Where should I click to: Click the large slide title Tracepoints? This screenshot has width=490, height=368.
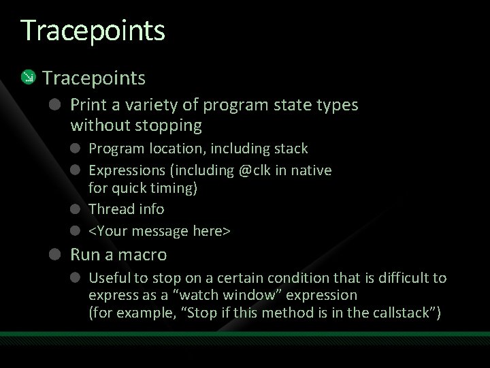93,31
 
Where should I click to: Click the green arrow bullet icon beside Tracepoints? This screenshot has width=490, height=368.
28,78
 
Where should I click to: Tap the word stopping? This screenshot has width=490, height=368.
170,125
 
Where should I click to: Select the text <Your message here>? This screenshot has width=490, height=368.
160,231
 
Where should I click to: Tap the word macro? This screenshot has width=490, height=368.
143,255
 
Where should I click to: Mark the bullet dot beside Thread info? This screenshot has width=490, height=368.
77,209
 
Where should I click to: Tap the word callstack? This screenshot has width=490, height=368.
402,313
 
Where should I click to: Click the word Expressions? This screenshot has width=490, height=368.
126,170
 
